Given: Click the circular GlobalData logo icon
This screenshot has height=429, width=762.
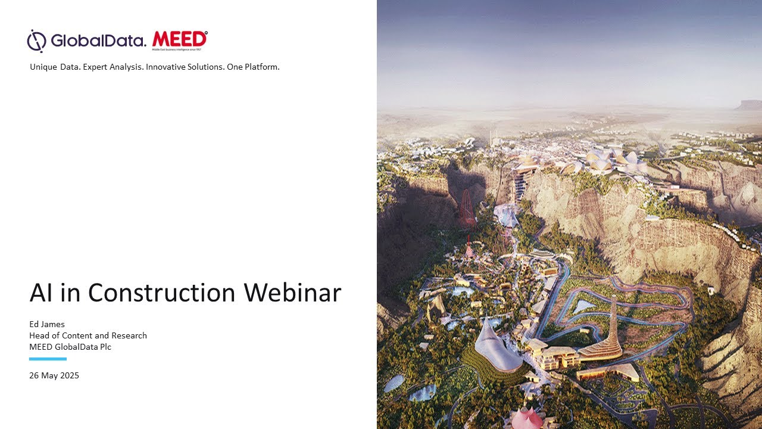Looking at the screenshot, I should pos(36,41).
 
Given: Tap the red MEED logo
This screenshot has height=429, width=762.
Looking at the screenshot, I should pos(180,39).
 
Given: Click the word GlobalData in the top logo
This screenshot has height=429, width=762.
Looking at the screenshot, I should pos(98,41).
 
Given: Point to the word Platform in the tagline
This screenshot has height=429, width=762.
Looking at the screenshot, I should pos(261,67).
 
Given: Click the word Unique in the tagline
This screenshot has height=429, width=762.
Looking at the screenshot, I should pos(43,67).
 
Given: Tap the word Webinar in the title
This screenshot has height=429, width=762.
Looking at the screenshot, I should pos(292,293).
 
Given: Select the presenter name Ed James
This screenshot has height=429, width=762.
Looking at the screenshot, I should pos(47,324).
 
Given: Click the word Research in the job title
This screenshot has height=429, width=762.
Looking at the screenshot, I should pos(130,335).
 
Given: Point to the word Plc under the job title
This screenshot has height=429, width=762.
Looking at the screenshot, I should pos(104,347).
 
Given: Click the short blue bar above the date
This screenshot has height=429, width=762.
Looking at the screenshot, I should pos(48,359).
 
